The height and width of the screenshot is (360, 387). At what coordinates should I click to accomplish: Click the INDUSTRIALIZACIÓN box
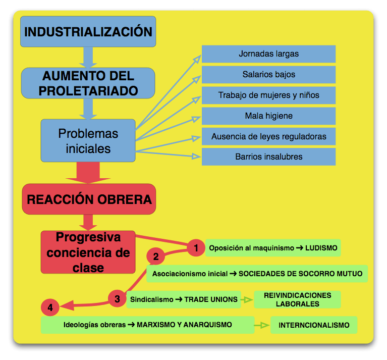coord(88,32)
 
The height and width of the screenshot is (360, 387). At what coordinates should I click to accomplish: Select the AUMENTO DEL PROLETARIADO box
coord(88,83)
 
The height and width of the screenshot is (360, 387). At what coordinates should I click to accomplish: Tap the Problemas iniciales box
coord(88,141)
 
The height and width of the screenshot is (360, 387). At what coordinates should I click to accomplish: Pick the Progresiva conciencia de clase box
coord(88,252)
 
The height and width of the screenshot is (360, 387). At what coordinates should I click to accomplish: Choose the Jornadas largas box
coord(268,54)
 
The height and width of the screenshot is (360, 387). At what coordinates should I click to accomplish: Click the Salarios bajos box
coord(268,75)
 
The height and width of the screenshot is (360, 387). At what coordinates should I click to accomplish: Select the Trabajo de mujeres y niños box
coord(268,95)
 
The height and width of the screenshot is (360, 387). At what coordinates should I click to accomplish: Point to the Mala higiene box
coord(268,116)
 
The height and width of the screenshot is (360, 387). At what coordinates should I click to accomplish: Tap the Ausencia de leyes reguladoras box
coord(268,136)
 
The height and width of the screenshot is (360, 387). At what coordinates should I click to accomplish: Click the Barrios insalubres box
coord(268,157)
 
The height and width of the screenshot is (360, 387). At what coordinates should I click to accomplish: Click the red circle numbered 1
coord(196,247)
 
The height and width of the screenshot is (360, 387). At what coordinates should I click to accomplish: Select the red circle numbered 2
coord(156,256)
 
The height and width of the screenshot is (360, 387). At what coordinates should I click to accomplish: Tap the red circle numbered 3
coord(117,299)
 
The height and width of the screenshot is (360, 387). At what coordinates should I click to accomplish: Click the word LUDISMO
coord(321,248)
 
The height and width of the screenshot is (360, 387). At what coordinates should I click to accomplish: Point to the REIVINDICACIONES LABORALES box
coord(298,299)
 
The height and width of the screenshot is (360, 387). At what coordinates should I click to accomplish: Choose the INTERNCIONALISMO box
coord(313,325)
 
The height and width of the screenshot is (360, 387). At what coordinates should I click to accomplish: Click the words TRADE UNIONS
coord(211,299)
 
